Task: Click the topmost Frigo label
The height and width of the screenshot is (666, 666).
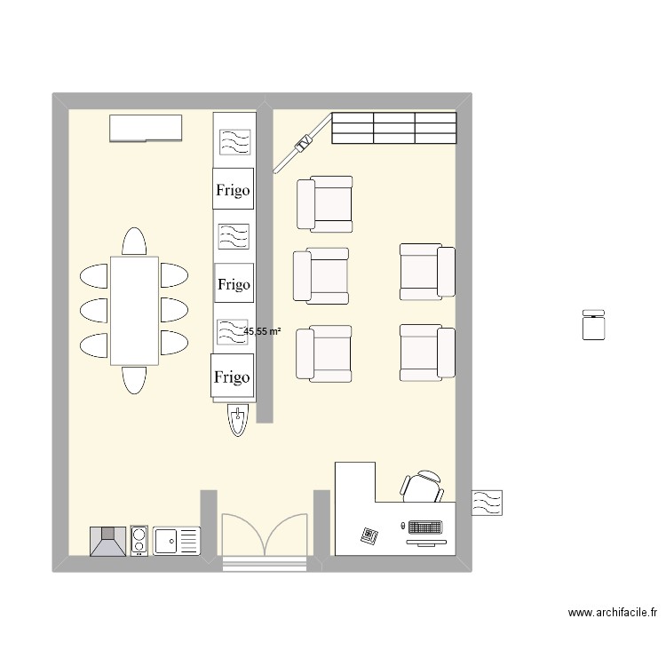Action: pos(234,189)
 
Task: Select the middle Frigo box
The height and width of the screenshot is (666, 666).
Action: pos(234,284)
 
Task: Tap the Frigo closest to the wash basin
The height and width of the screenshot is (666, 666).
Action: pos(232,377)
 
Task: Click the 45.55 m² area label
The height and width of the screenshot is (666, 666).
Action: pos(262,331)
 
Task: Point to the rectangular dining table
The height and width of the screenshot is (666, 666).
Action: pos(134,310)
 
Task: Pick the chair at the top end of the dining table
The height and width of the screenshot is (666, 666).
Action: pos(134,242)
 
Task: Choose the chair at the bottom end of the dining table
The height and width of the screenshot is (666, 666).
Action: pos(134,380)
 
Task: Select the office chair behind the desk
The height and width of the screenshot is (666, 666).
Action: pos(423,485)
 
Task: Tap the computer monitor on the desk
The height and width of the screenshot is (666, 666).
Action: pos(425,530)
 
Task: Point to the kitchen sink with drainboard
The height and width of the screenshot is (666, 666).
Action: pos(176,540)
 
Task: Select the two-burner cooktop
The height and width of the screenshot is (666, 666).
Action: pos(139,540)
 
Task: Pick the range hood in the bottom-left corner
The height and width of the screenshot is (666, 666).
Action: pos(108,540)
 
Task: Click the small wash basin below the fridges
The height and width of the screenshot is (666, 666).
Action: pos(237,421)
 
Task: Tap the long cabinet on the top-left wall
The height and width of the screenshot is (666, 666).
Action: pos(146,128)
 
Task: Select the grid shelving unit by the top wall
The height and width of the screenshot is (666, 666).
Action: pos(393,128)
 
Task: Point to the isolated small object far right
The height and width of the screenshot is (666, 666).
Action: pos(592,324)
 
